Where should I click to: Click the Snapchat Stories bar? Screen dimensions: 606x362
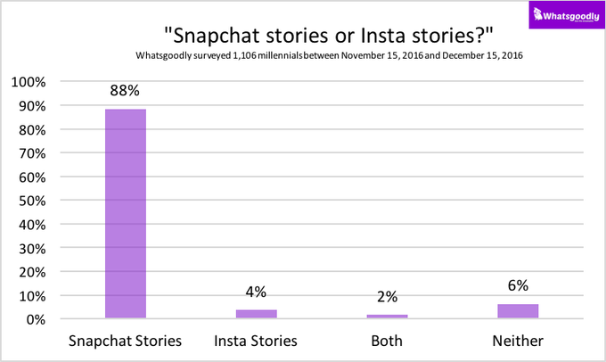pos(126,214)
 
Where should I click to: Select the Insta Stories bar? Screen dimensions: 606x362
pos(257,314)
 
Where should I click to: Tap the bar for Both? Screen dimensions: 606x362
pos(387,317)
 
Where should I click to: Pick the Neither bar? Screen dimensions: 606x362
pos(518,311)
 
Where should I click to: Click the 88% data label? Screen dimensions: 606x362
pos(125,91)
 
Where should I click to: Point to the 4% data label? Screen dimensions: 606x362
pos(256,292)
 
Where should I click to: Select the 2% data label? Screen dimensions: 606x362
pos(387,297)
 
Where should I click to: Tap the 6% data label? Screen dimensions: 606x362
pos(518,285)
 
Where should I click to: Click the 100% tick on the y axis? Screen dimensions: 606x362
pos(29,82)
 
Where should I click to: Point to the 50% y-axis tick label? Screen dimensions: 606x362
pos(32,202)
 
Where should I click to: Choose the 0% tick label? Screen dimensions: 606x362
pos(36,320)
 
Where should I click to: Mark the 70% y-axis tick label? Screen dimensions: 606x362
pos(32,153)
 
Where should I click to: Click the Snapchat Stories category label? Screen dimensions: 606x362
pos(126,341)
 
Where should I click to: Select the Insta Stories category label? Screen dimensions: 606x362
pos(256,341)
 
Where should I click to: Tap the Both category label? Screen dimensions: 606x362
pos(387,341)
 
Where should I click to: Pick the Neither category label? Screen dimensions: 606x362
pos(518,341)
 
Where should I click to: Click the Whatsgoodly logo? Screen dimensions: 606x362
pos(567,14)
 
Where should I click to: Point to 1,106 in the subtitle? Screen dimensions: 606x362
pos(244,55)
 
